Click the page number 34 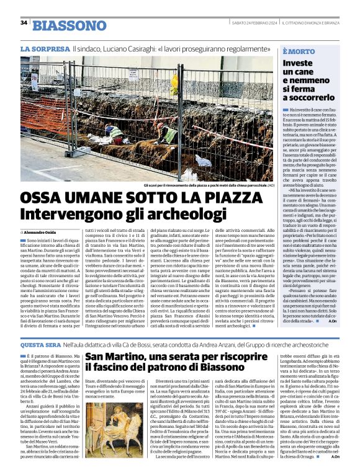coord(24,23)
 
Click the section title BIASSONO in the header coord(69,25)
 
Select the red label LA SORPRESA coord(45,48)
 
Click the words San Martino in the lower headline coord(121,357)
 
